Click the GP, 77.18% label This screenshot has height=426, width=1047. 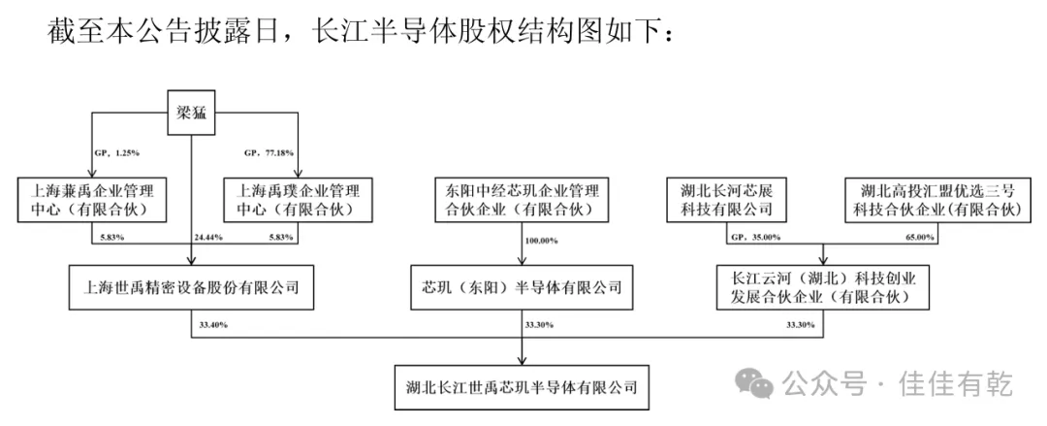266,153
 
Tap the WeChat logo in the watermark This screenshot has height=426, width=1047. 760,384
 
